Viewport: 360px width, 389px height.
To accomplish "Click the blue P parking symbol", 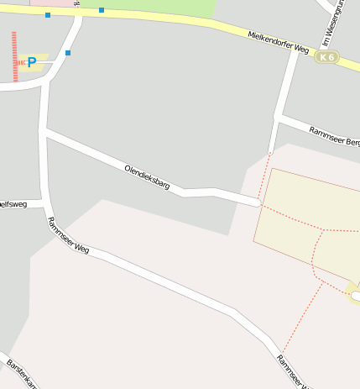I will point(32,61).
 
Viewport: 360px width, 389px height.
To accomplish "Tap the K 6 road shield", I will point(326,57).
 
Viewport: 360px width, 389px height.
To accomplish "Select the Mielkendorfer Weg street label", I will point(279,42).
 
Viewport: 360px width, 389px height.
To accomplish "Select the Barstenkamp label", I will point(22,375).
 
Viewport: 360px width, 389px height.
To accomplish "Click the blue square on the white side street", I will point(68,53).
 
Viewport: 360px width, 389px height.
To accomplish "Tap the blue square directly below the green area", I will point(102,10).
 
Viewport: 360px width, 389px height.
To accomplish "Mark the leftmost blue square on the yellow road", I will point(48,15).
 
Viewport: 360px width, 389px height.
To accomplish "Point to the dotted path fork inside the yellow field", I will point(323,229).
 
